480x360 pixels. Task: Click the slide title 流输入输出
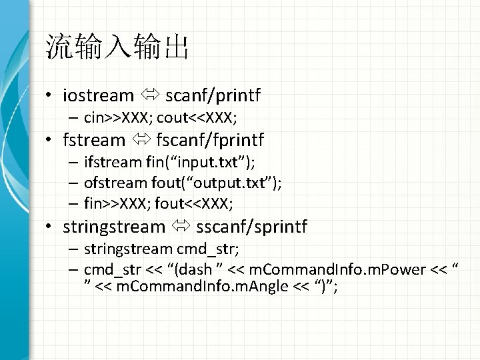pyautogui.click(x=117, y=48)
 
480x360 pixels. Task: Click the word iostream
pyautogui.click(x=98, y=96)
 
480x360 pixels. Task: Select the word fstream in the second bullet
pyautogui.click(x=94, y=140)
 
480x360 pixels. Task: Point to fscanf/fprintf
pyautogui.click(x=210, y=140)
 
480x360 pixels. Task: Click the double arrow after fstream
pyautogui.click(x=140, y=141)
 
